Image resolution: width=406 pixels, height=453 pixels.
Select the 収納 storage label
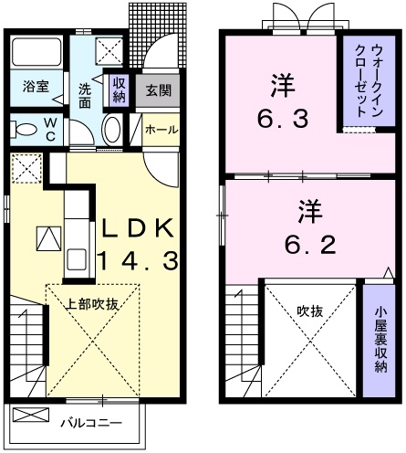119,89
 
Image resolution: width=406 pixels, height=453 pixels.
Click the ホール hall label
161,130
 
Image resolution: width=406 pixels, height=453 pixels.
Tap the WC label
48,129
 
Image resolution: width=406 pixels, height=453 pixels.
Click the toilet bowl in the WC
22,129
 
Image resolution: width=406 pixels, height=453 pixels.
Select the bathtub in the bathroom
36,54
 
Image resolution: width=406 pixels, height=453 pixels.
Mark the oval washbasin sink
112,131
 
